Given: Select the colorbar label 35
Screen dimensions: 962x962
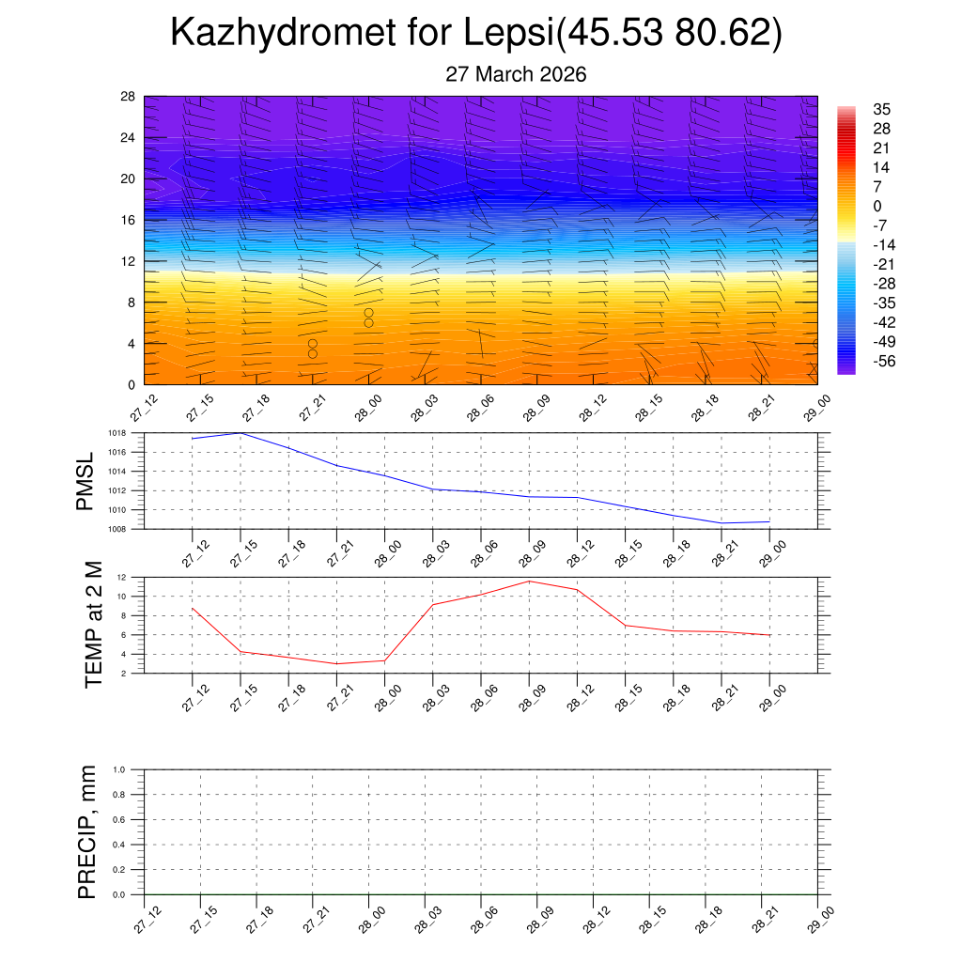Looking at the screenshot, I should click(x=881, y=109).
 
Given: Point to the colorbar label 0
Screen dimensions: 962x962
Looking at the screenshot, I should click(x=877, y=206).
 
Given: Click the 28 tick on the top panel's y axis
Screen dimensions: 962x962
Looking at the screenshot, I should click(x=128, y=97).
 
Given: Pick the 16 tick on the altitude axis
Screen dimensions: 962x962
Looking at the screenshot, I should click(x=128, y=220).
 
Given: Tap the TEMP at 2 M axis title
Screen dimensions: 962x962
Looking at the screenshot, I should click(x=93, y=624).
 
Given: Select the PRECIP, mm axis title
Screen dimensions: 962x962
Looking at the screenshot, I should click(x=87, y=831).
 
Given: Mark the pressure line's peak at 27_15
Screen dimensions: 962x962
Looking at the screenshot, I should click(x=240, y=433).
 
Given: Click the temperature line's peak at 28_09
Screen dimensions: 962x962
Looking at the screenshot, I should click(x=529, y=582).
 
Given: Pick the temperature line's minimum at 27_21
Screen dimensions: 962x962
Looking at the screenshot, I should click(x=336, y=664).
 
